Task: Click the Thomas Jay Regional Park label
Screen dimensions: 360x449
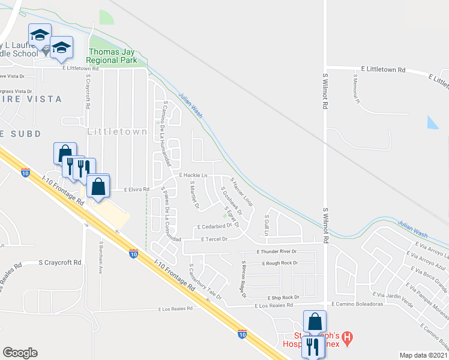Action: [112, 56]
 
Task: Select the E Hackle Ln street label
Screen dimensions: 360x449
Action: [193, 175]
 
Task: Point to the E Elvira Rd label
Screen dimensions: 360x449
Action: [136, 189]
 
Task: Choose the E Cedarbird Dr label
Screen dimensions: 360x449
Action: [214, 227]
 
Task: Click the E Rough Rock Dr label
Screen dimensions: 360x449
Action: [280, 263]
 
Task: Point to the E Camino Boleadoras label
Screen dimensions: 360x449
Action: [357, 304]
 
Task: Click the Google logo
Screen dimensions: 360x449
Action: [20, 352]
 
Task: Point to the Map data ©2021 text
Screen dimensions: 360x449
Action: [423, 355]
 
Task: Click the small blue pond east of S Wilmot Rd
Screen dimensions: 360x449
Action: [433, 122]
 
